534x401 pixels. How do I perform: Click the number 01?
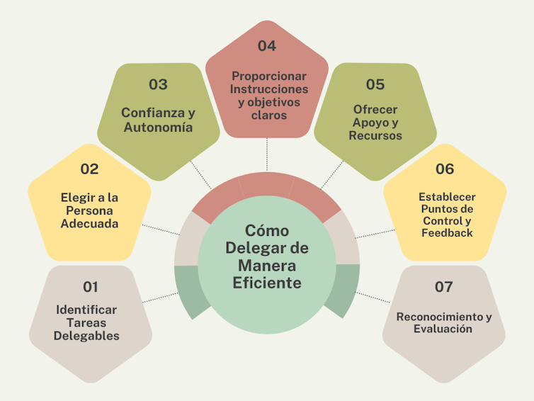click(90, 287)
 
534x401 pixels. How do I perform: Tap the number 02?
click(90, 169)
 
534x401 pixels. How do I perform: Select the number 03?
click(158, 84)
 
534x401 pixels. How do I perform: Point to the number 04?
click(267, 46)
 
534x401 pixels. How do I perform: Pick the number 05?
click(375, 84)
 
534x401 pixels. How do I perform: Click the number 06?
click(445, 169)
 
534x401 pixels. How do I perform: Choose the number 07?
click(443, 287)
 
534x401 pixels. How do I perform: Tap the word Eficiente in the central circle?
click(267, 283)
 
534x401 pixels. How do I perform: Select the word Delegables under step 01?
click(86, 336)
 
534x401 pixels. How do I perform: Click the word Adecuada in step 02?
click(89, 223)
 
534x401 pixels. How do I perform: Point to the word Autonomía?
click(158, 128)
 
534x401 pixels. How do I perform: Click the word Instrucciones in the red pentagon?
click(269, 89)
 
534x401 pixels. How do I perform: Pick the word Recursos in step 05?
click(375, 135)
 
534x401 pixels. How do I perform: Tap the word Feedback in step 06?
click(447, 232)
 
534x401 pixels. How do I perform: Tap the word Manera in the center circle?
click(267, 266)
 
